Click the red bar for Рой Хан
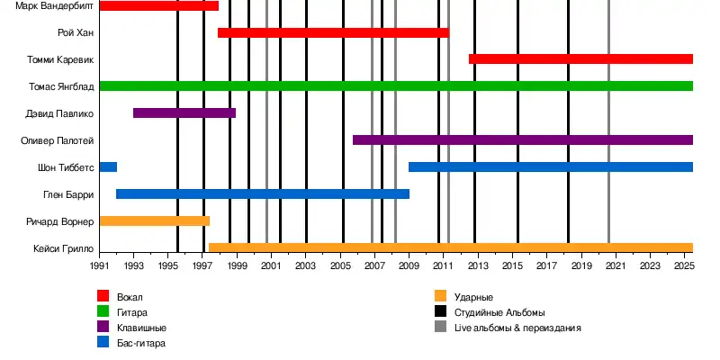[333, 32]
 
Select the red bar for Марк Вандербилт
[158, 5]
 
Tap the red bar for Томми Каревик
[580, 59]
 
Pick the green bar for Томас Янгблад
[396, 86]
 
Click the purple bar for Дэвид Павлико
[184, 113]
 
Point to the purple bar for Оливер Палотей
[523, 140]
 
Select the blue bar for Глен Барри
[263, 193]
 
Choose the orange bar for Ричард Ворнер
[154, 220]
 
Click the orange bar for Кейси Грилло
[450, 247]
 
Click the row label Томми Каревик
[61, 59]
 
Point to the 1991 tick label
[99, 267]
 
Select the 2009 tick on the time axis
[409, 267]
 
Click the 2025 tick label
[684, 267]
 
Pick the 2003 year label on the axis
[306, 267]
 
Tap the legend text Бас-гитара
[141, 343]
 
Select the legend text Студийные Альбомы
[499, 312]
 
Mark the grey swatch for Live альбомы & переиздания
[440, 328]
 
